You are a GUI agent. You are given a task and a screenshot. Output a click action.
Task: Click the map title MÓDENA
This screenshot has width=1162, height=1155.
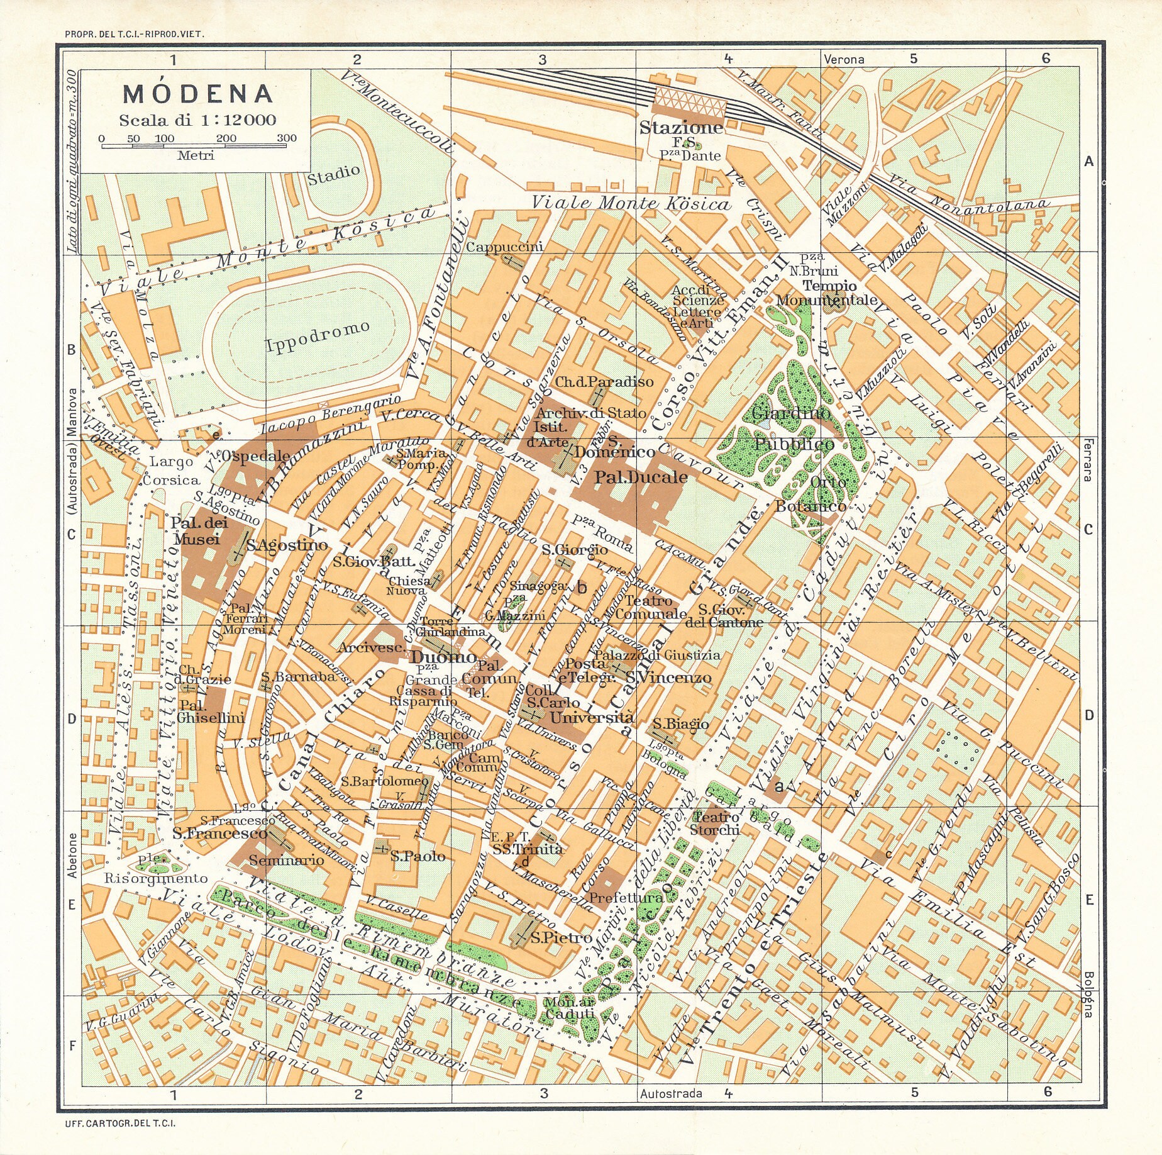(198, 94)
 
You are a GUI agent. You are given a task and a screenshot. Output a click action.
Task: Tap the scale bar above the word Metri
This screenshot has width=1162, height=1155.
(194, 146)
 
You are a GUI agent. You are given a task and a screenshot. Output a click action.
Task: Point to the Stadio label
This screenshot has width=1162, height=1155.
(333, 174)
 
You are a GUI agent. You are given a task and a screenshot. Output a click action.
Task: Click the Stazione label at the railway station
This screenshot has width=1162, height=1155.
(681, 128)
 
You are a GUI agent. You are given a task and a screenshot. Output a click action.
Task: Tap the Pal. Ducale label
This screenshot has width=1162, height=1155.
(641, 477)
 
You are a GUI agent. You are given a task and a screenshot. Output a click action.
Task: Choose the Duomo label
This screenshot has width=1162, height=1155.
(444, 657)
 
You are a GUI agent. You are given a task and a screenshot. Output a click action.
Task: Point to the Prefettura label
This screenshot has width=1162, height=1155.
(626, 898)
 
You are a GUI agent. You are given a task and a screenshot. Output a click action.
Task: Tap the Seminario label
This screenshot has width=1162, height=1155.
(287, 860)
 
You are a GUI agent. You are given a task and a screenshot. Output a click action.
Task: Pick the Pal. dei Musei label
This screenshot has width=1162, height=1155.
(198, 531)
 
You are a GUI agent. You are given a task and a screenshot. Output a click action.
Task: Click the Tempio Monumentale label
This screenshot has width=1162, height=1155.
(826, 293)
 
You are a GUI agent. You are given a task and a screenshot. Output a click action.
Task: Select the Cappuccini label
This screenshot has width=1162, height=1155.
(504, 247)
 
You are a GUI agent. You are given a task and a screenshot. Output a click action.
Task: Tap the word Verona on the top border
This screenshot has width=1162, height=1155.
(843, 59)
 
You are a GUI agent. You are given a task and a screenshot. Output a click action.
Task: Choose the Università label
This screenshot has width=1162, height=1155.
(592, 718)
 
